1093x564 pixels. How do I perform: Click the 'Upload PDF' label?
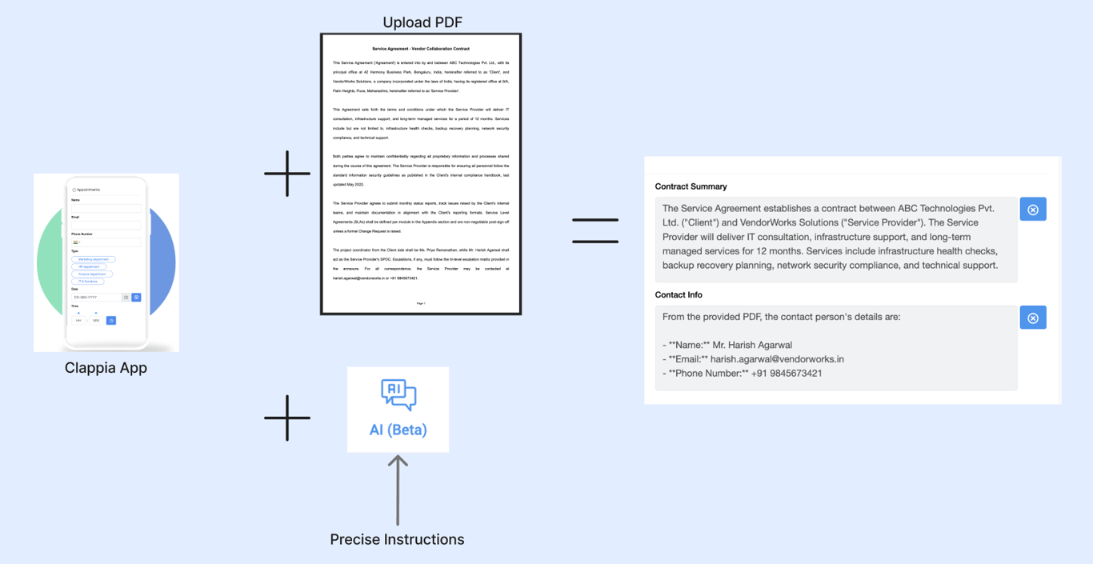(x=422, y=22)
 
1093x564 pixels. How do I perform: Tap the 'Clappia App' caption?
(x=106, y=368)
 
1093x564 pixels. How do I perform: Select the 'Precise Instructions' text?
(x=397, y=539)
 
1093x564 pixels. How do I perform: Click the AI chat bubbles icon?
(x=398, y=394)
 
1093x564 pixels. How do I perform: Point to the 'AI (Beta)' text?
(x=398, y=430)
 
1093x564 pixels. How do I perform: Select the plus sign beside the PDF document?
(x=287, y=174)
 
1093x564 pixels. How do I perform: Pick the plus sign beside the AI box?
(x=287, y=418)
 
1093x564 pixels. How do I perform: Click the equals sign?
(x=595, y=230)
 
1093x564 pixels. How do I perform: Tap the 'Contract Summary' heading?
(x=691, y=186)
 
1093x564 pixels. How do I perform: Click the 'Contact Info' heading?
(x=679, y=294)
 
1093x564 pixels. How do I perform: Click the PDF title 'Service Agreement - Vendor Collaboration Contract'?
(x=421, y=49)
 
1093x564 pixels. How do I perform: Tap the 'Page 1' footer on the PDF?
(x=421, y=303)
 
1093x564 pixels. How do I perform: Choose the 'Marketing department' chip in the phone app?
(x=94, y=259)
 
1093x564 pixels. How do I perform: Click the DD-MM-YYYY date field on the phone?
(x=96, y=298)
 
